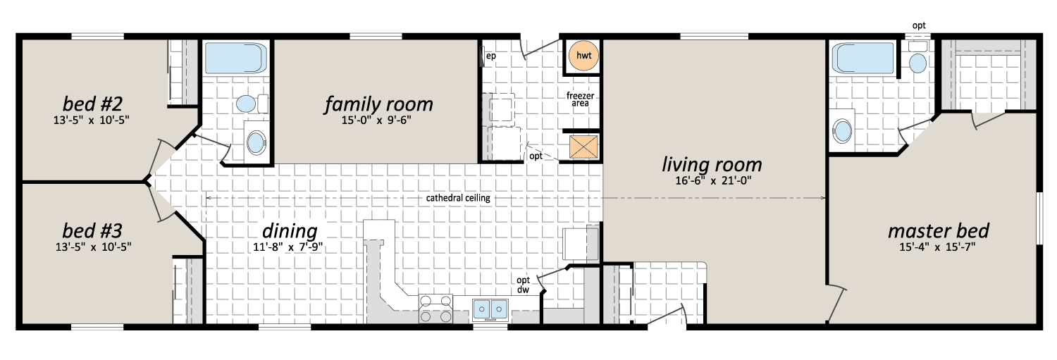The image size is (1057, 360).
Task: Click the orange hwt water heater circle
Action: coord(583,56)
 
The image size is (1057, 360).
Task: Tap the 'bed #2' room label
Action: coord(92,104)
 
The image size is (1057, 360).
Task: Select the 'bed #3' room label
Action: coord(92,230)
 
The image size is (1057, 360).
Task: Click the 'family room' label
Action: coord(378,104)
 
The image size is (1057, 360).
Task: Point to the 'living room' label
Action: coord(712,165)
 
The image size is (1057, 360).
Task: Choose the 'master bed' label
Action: coord(939,230)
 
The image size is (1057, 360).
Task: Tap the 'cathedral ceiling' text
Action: coord(458,198)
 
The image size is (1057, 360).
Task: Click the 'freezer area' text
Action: coord(580,99)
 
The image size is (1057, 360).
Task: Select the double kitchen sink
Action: coord(490,309)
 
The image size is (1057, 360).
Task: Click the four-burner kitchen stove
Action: coord(435,309)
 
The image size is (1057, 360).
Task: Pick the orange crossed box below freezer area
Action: coord(583,147)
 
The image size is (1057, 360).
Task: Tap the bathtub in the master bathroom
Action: coord(863,58)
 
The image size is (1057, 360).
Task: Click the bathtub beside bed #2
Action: coord(235,58)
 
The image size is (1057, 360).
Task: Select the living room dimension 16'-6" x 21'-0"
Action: coord(713,181)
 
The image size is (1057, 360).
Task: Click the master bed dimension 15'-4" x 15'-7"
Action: coord(937,247)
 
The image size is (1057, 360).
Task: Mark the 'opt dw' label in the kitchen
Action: coord(523,285)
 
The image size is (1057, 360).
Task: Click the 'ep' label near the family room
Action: coord(490,56)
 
